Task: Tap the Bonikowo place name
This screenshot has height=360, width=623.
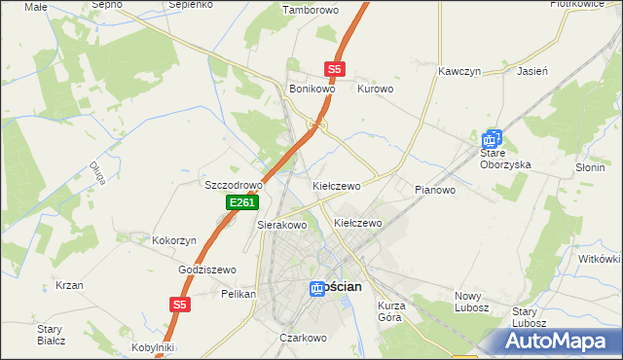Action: pyautogui.click(x=312, y=89)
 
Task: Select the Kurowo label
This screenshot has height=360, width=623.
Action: pyautogui.click(x=376, y=89)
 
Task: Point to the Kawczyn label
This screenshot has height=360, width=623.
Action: pyautogui.click(x=460, y=72)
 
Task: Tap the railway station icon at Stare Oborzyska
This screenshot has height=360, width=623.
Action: pyautogui.click(x=494, y=140)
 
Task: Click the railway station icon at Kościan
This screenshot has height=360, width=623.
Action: pyautogui.click(x=317, y=288)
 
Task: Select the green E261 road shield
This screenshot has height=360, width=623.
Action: pyautogui.click(x=242, y=202)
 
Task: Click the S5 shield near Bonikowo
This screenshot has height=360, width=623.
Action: pyautogui.click(x=335, y=69)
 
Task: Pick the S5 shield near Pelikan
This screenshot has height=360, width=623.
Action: pyautogui.click(x=178, y=305)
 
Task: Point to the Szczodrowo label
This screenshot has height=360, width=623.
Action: pyautogui.click(x=234, y=185)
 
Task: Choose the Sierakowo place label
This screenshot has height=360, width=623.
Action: pyautogui.click(x=282, y=225)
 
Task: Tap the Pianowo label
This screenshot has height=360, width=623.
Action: pyautogui.click(x=435, y=190)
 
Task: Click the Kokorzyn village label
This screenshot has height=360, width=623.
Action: pyautogui.click(x=175, y=239)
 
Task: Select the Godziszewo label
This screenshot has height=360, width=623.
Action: pyautogui.click(x=207, y=270)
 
